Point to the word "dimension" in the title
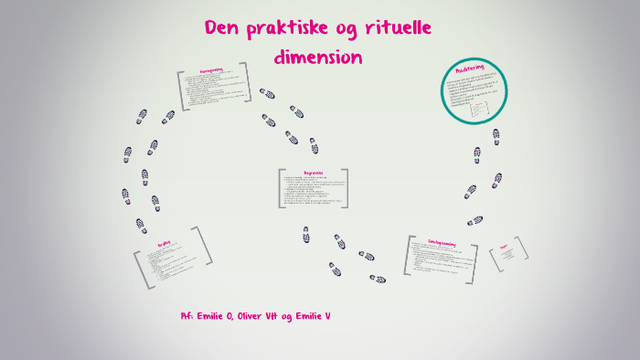318,57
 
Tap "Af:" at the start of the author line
187,316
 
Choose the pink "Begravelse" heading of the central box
314,171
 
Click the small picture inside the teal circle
480,110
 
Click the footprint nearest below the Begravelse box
307,235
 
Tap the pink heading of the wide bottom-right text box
442,242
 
